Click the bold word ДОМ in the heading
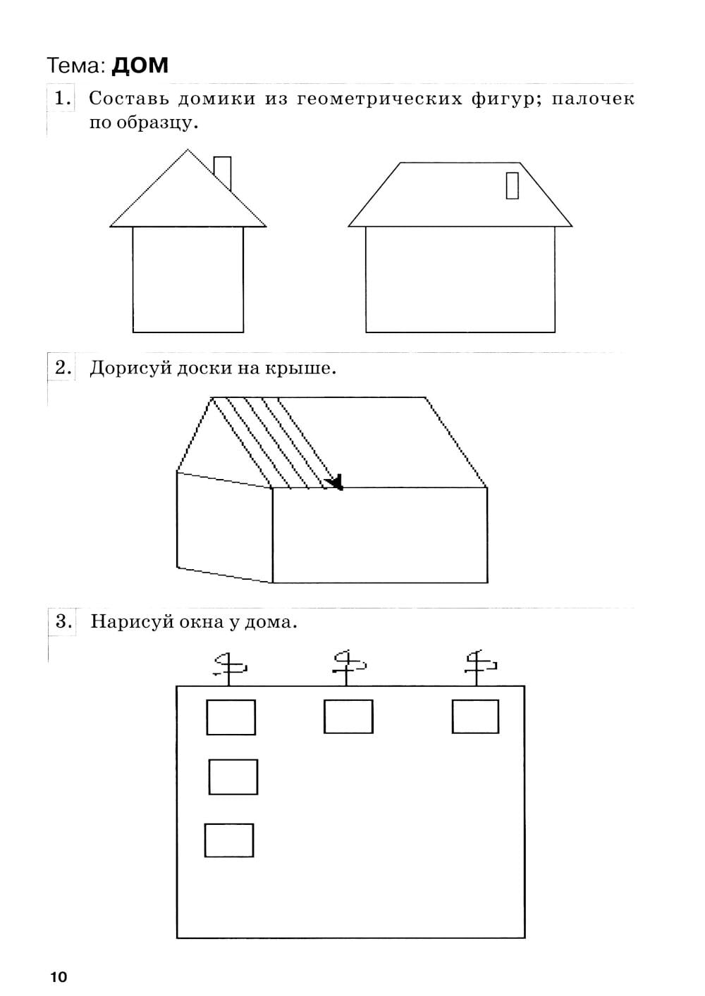click(140, 66)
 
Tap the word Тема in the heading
click(75, 66)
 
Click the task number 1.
click(62, 98)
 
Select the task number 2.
click(63, 368)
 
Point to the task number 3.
click(63, 621)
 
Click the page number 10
click(59, 977)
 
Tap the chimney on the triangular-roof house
click(222, 173)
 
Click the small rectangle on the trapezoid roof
click(513, 185)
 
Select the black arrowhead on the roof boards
click(335, 483)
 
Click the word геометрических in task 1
click(380, 99)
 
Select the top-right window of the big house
click(475, 716)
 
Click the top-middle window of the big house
click(348, 716)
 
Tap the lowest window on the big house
click(229, 840)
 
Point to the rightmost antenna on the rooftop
click(480, 668)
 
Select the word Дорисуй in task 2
click(131, 368)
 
